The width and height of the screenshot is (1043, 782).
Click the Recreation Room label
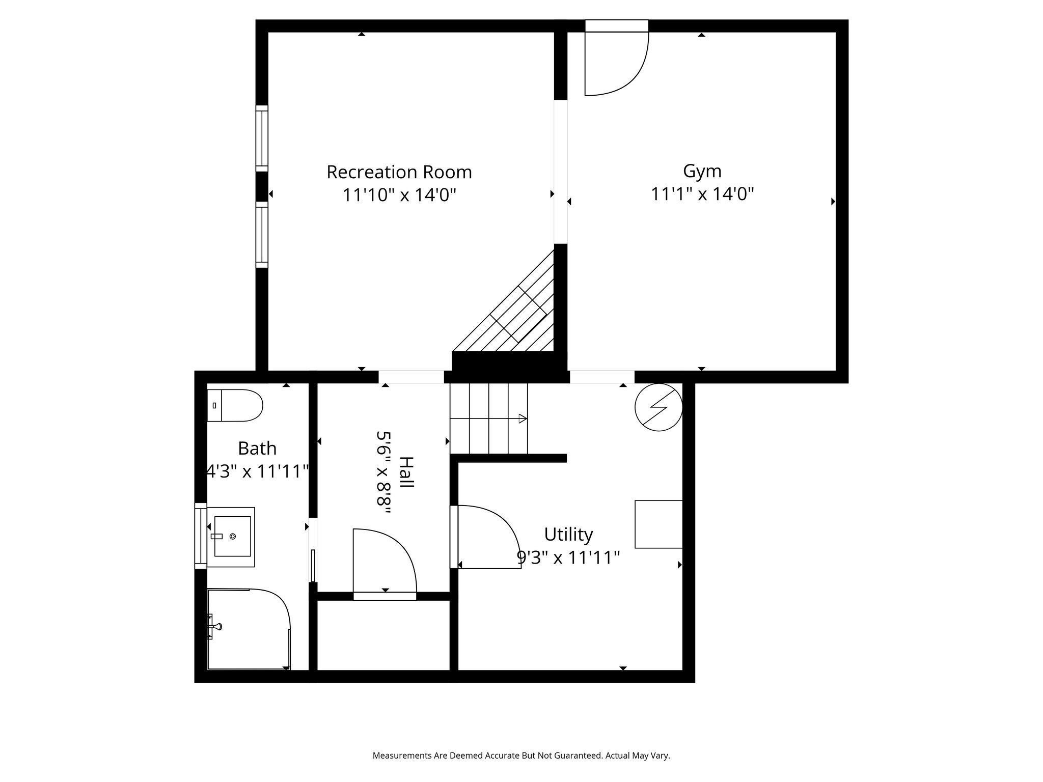coord(399,172)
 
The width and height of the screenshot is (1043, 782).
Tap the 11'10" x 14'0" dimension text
coord(399,195)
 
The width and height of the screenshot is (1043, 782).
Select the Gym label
coord(702,171)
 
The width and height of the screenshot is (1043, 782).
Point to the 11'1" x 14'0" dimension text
coord(702,194)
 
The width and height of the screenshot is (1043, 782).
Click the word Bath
coord(257,449)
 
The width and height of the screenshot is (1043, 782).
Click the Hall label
coord(406,472)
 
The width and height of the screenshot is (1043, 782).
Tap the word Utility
coord(568,535)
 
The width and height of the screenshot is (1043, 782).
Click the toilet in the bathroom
coord(235,405)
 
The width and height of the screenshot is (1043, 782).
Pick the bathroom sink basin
coord(232,536)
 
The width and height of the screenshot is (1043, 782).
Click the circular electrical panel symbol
coord(658,407)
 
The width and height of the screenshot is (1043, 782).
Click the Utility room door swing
coord(486,537)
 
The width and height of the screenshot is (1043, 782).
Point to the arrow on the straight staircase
coord(521,418)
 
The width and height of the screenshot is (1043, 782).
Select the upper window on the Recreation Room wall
coord(261,138)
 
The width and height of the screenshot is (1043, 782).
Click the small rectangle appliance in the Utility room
coord(658,524)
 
